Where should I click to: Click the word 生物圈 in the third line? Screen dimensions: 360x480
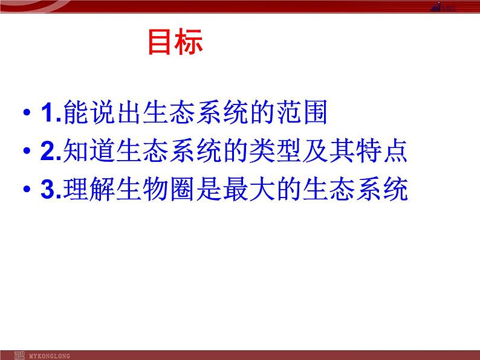click(x=160, y=190)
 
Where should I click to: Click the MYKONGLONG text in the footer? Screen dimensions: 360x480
click(x=49, y=356)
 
